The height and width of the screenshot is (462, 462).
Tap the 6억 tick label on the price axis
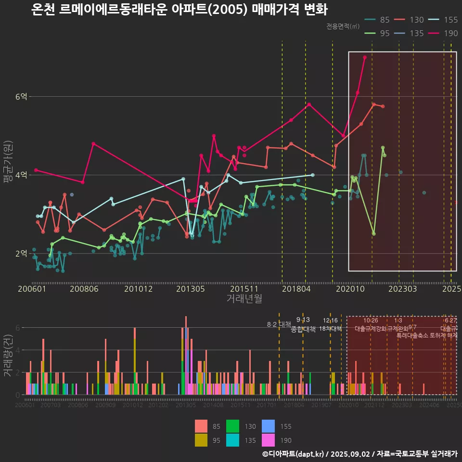point(21,97)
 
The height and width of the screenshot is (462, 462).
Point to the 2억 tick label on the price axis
point(21,253)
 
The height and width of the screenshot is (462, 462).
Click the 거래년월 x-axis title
point(244,298)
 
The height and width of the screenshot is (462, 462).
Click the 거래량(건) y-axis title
point(8,356)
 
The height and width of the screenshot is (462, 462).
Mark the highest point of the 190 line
point(365,57)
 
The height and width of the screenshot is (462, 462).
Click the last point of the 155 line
point(313,175)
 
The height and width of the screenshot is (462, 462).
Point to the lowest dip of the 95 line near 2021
point(374,233)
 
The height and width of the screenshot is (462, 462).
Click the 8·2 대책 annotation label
point(279,324)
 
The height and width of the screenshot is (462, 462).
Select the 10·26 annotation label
point(371,321)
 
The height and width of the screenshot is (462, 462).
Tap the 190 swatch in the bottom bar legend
point(268,440)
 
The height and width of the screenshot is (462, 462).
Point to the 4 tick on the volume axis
point(17,350)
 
